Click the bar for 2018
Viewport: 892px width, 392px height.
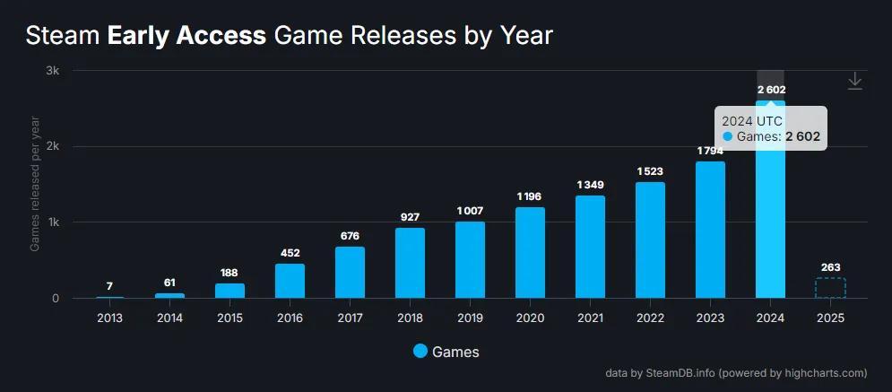point(410,263)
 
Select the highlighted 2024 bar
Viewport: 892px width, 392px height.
point(770,224)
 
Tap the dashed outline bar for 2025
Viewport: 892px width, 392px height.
point(830,288)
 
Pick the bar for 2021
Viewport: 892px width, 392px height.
point(590,247)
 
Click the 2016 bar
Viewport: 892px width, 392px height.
point(290,281)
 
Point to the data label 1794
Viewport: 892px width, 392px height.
point(710,151)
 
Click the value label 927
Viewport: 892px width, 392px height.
point(410,217)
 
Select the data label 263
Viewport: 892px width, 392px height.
point(830,267)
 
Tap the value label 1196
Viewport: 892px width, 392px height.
point(530,196)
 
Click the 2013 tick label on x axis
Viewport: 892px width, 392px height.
point(109,318)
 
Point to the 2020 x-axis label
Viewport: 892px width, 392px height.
point(530,318)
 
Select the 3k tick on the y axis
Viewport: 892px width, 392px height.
point(53,71)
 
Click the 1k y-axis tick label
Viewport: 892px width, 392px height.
point(53,222)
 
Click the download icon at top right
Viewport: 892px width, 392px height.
point(855,82)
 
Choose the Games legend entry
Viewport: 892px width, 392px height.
point(446,352)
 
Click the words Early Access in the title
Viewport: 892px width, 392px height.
point(186,36)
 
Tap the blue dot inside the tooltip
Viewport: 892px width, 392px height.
point(728,136)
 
